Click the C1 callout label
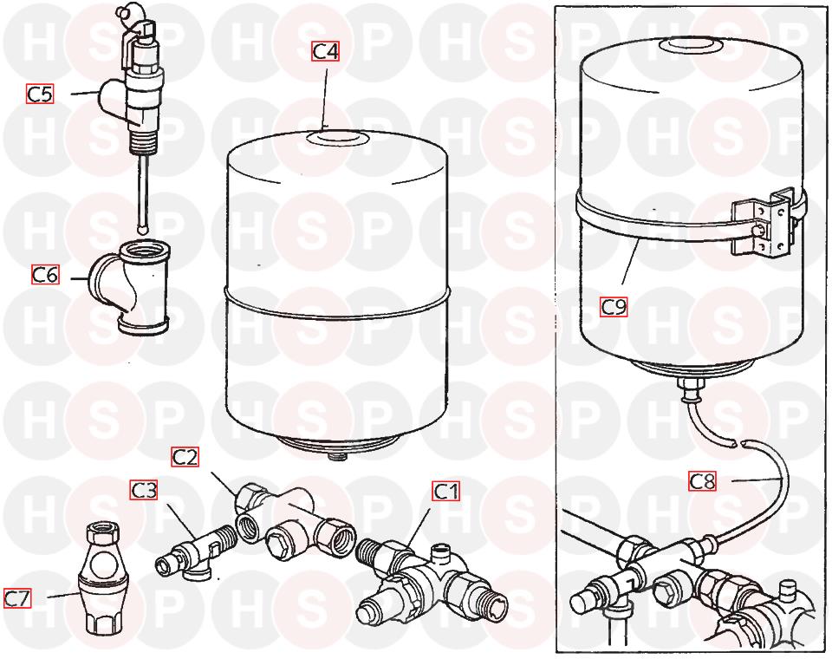tap(445, 492)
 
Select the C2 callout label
tap(185, 457)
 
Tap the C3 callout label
tap(144, 490)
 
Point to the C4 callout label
tap(325, 51)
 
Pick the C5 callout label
tap(40, 94)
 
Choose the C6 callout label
tap(45, 275)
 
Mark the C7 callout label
tap(17, 598)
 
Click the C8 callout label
tap(702, 481)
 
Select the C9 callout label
tap(614, 306)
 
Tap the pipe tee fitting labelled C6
tap(130, 287)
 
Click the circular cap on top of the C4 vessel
tap(338, 138)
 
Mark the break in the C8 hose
tap(738, 442)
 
